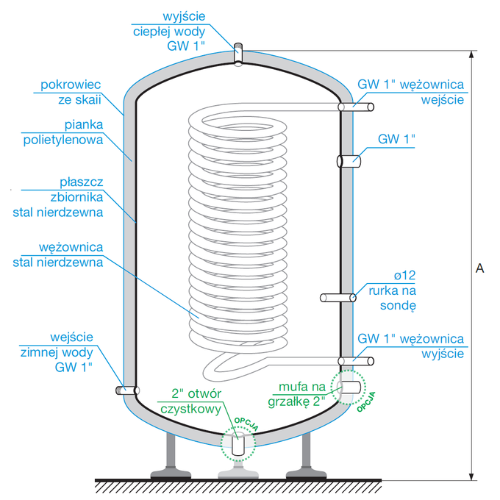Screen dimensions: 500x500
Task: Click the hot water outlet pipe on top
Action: point(238,54)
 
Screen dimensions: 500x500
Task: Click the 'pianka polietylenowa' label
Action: point(72,132)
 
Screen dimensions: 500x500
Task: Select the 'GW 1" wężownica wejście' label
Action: point(410,92)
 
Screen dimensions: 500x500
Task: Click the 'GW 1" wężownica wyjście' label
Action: point(410,346)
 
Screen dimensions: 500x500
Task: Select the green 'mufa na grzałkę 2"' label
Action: point(301,393)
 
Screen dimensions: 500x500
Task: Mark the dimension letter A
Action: point(479,268)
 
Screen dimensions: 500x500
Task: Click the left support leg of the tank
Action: point(171,456)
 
